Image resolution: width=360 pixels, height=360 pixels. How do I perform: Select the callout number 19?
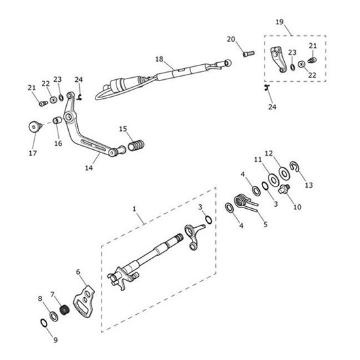(279, 22)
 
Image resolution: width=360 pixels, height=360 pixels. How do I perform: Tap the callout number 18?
(158, 59)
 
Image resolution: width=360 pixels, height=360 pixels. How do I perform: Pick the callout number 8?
(40, 298)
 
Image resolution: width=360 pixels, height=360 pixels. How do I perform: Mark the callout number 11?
(258, 159)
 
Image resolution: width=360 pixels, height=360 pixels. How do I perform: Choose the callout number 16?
(58, 143)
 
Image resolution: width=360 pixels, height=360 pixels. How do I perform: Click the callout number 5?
(265, 224)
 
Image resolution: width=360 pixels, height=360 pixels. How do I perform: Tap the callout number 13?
(309, 185)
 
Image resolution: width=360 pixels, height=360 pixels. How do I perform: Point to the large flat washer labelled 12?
(285, 174)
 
